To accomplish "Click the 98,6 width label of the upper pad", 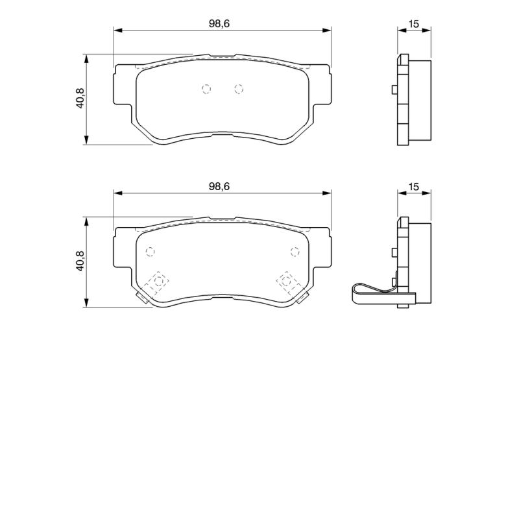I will click(219, 23).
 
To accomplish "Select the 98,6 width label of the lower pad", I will click(219, 186).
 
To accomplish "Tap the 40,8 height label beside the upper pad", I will click(80, 99).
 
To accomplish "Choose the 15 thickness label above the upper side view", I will click(414, 24).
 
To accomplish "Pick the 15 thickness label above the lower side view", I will click(414, 187).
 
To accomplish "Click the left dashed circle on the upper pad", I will click(206, 89).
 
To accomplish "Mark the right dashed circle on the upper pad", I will click(238, 89).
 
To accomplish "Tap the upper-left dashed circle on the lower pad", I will click(151, 252).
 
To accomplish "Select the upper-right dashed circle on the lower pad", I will click(294, 252).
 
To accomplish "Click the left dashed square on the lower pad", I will click(156, 282).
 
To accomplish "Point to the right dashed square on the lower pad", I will click(286, 282).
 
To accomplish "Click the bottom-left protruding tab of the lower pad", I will click(141, 298).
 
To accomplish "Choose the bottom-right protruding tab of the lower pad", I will click(301, 298).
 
